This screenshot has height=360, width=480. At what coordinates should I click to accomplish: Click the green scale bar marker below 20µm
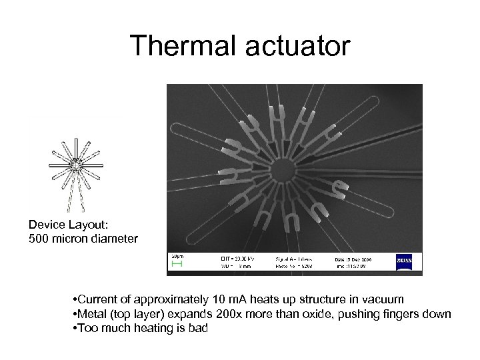click(177, 265)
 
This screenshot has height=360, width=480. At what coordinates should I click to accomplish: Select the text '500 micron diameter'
click(83, 239)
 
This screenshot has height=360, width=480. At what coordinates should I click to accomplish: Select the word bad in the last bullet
click(198, 328)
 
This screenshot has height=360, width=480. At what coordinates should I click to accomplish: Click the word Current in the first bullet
click(97, 299)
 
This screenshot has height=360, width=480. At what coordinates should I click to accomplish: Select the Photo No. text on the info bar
click(293, 265)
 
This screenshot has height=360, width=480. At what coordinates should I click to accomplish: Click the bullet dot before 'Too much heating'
click(75, 328)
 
